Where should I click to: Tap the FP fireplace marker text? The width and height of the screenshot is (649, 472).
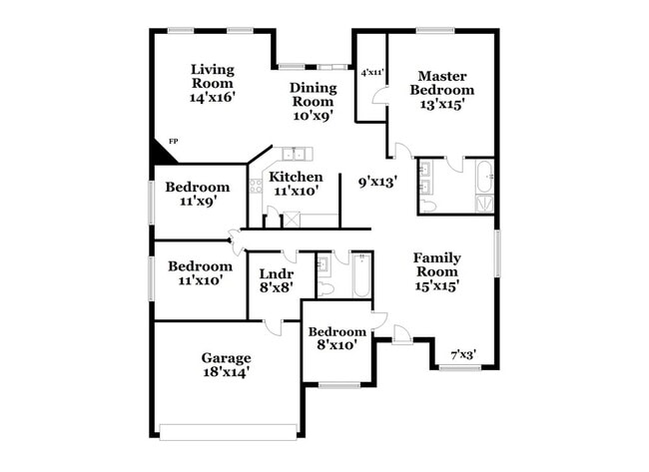click(x=173, y=142)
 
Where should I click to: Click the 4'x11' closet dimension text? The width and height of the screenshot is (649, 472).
click(x=372, y=72)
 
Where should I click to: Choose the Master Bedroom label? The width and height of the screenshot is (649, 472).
click(x=443, y=83)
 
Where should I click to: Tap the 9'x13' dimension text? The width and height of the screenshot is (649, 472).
click(x=377, y=182)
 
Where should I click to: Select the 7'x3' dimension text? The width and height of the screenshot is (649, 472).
click(x=462, y=354)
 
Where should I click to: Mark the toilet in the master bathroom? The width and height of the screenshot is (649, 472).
click(x=428, y=205)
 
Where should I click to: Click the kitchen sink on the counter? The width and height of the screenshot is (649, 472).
click(x=294, y=154)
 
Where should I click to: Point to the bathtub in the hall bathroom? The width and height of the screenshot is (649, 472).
click(x=359, y=276)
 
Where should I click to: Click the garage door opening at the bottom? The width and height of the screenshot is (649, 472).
click(x=229, y=432)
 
